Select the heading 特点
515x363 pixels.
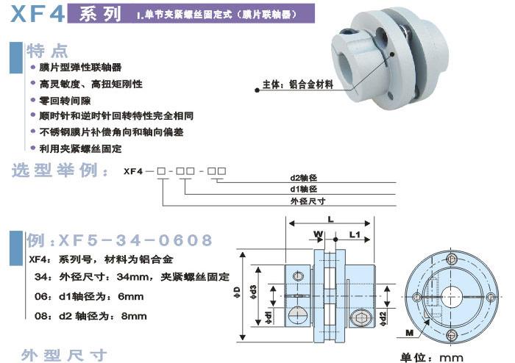[47, 51]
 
